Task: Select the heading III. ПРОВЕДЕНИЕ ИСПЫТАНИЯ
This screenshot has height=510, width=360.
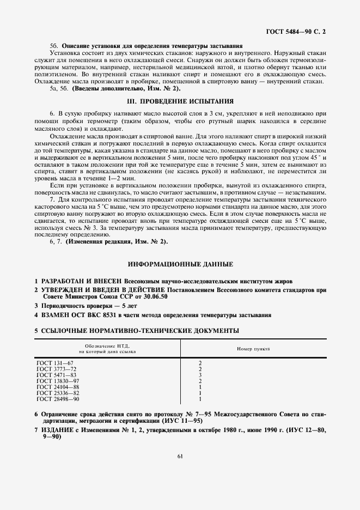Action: tap(180, 101)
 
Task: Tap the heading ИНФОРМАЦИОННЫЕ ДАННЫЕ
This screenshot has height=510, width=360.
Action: tap(180, 264)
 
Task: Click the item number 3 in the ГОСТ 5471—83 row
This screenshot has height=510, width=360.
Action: tap(201, 375)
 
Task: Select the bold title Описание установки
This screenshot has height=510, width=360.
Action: tap(90, 46)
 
